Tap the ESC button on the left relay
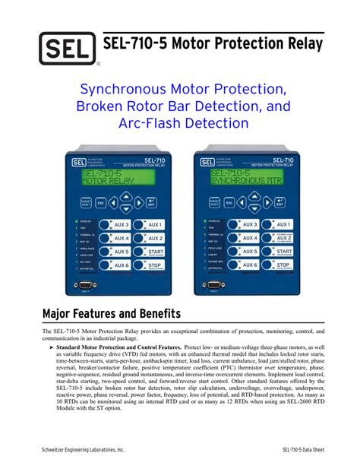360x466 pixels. pos(100,204)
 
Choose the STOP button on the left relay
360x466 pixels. pos(154,265)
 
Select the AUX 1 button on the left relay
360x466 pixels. pos(154,225)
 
